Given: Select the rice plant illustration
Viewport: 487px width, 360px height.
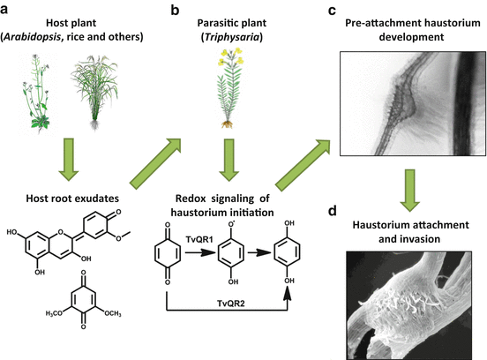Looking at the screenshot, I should (x=106, y=92).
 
